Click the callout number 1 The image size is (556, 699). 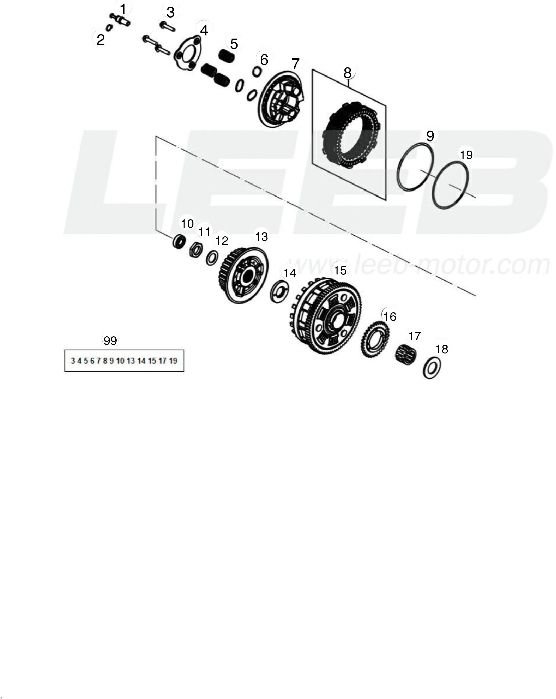point(123,9)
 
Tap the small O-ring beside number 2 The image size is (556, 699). point(109,27)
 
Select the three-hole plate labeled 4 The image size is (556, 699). point(188,52)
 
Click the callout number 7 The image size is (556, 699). point(295,64)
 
